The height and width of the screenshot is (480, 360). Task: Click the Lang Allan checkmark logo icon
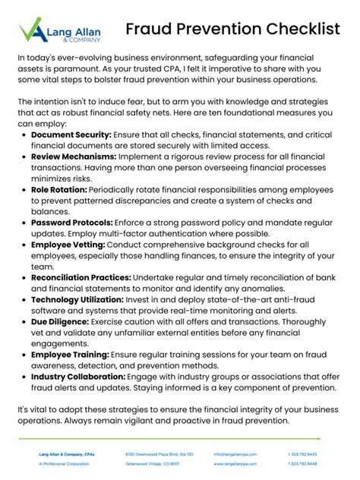point(30,31)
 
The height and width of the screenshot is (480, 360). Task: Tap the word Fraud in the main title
point(150,30)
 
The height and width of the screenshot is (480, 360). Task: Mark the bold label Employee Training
point(70,355)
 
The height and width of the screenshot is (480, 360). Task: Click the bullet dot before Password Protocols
point(24,223)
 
